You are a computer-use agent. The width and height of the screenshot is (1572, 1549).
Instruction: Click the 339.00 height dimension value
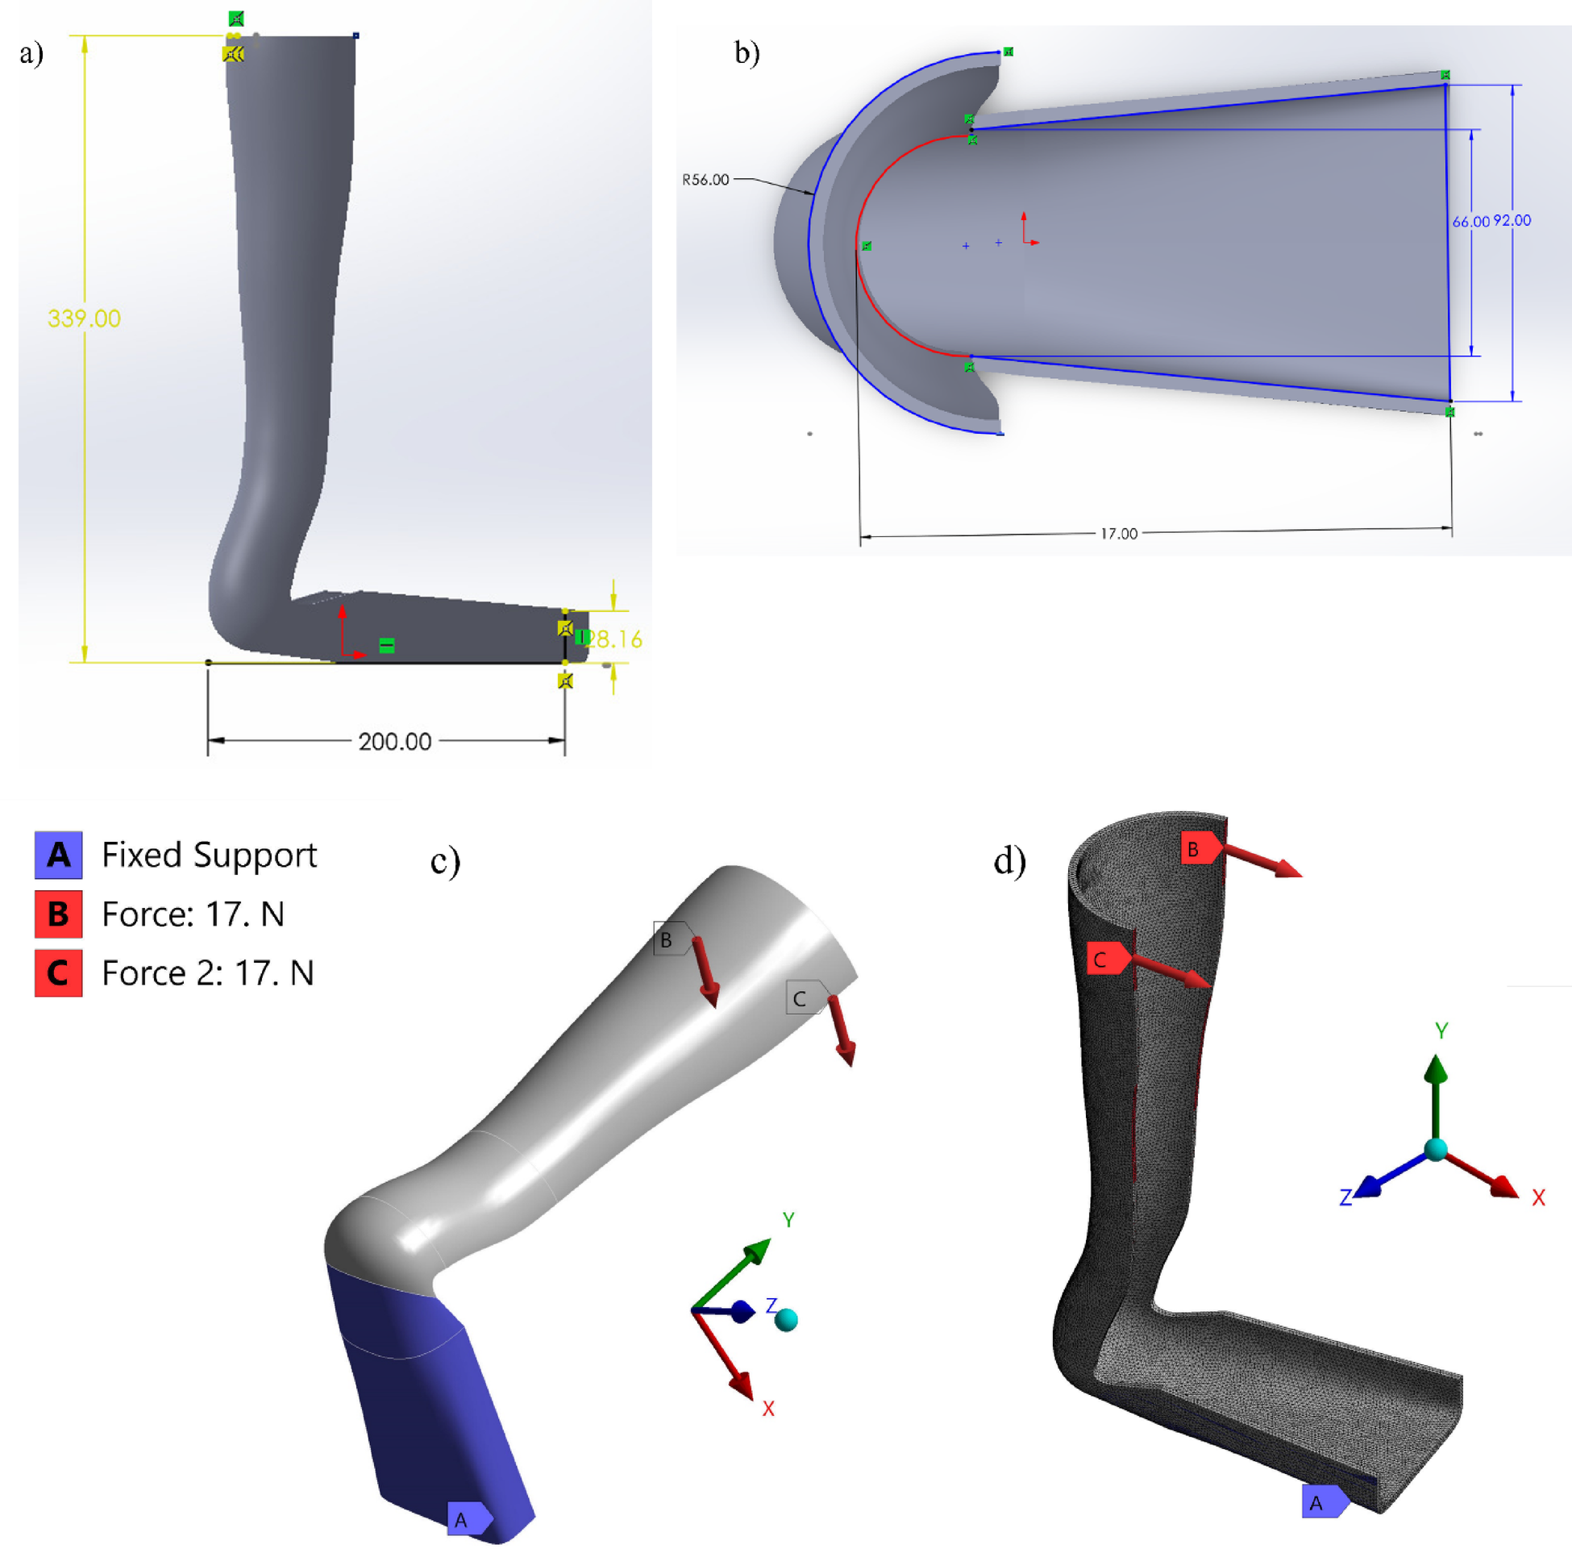[84, 318]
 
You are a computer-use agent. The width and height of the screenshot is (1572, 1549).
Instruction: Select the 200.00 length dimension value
[394, 741]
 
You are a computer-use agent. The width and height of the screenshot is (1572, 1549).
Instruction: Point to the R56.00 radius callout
[705, 179]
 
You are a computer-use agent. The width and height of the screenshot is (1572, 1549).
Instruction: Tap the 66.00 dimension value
[1470, 221]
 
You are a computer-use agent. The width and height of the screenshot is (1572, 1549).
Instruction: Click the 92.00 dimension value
[1512, 220]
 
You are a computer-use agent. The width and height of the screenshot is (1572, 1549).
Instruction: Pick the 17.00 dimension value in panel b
[1118, 534]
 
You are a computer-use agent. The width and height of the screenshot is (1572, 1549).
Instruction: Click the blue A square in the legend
[59, 855]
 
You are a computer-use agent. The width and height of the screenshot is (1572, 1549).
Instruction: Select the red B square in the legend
[59, 914]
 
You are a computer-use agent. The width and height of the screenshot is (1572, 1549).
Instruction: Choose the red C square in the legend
[59, 973]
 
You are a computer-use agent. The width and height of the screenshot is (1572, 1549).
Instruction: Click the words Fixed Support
[209, 855]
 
